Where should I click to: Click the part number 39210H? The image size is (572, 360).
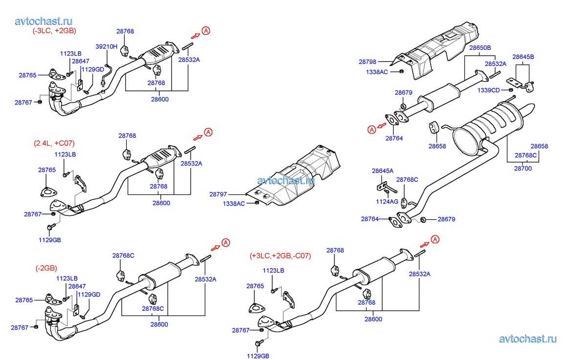click(x=107, y=46)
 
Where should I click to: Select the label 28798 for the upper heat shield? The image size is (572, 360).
click(x=367, y=62)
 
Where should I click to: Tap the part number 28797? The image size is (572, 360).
click(x=218, y=194)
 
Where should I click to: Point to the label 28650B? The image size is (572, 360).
click(x=480, y=47)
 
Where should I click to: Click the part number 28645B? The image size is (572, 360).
click(x=523, y=57)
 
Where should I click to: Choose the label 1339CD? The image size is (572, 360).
click(x=489, y=90)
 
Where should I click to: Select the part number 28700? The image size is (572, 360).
click(x=523, y=169)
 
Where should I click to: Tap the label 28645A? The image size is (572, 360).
click(x=383, y=170)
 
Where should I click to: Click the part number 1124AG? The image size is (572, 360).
click(x=387, y=201)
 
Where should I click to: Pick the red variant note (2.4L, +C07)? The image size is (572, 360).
click(x=54, y=143)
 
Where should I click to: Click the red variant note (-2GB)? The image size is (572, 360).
click(x=46, y=268)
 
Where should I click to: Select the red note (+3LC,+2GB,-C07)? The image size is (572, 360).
click(x=280, y=256)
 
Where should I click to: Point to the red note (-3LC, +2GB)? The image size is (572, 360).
click(x=54, y=31)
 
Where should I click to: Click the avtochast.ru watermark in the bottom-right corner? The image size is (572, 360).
click(x=528, y=339)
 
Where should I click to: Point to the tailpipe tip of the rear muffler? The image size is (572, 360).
click(x=529, y=108)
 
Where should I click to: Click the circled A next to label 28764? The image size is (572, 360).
click(x=372, y=129)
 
